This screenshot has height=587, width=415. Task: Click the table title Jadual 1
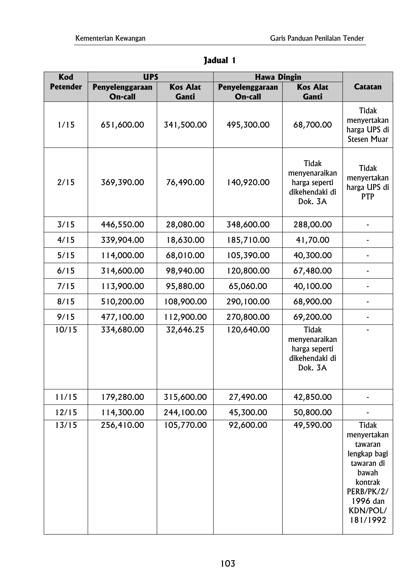click(219, 61)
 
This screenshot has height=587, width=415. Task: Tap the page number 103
click(228, 564)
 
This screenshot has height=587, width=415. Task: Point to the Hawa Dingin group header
click(278, 77)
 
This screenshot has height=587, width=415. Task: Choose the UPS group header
click(150, 77)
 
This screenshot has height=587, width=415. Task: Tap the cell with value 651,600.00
click(122, 125)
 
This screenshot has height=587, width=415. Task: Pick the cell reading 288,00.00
click(312, 224)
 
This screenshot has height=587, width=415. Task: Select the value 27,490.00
click(248, 397)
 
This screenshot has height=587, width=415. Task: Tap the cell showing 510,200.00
click(122, 301)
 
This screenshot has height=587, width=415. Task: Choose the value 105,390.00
click(248, 255)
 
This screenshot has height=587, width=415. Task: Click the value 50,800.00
click(312, 412)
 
